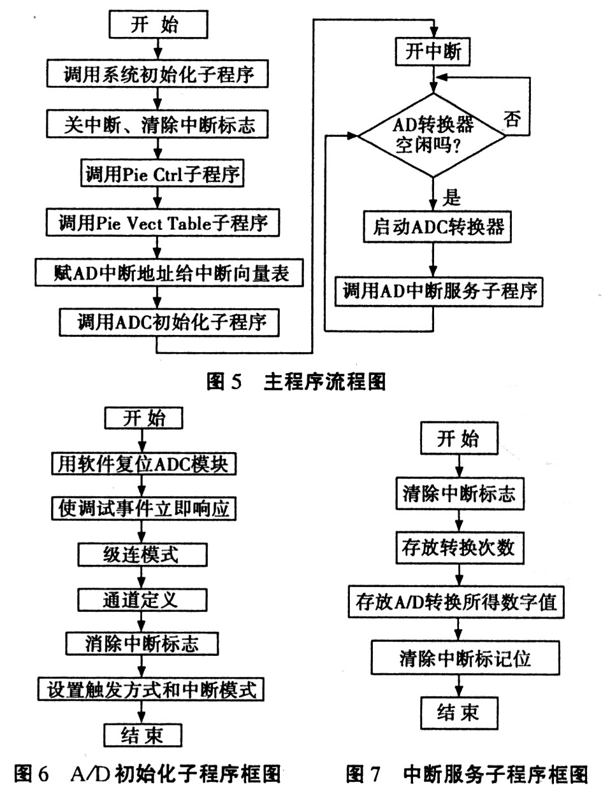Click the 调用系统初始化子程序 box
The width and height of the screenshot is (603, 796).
click(x=157, y=74)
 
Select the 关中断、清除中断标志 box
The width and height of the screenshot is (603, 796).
click(x=157, y=124)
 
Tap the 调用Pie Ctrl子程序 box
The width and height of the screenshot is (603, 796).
click(x=162, y=173)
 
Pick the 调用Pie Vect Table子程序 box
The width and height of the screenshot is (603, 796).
click(x=163, y=222)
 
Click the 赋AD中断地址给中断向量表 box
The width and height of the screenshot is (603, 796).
click(x=169, y=273)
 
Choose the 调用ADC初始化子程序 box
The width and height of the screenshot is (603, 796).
click(x=169, y=322)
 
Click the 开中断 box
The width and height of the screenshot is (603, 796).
click(x=433, y=52)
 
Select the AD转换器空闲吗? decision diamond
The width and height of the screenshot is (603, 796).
click(x=432, y=135)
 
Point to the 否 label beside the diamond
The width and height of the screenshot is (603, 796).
click(x=512, y=118)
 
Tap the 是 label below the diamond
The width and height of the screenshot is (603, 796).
click(x=451, y=197)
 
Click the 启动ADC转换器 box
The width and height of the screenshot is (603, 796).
click(x=437, y=227)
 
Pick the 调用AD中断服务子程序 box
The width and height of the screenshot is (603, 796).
click(x=439, y=291)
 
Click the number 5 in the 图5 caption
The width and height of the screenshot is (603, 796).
click(x=236, y=382)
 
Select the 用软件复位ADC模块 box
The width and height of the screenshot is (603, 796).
click(x=144, y=464)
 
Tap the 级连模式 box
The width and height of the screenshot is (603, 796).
click(x=142, y=555)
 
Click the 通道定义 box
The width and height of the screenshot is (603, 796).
click(x=142, y=600)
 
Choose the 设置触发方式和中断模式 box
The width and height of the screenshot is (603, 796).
click(x=150, y=689)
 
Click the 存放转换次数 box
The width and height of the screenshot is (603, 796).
click(x=460, y=548)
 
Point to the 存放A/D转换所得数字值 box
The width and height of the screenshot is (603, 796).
click(x=456, y=602)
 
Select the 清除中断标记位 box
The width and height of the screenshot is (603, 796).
click(x=465, y=657)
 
